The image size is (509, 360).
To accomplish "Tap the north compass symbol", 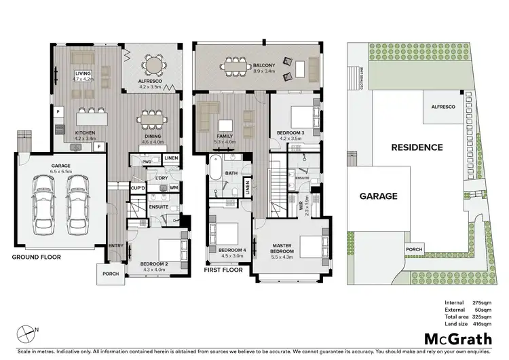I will [x=26, y=332].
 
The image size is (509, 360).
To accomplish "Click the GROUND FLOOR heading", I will [x=36, y=257].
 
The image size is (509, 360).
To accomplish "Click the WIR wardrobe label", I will [x=301, y=202].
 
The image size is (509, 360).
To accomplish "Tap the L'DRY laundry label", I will [x=161, y=178].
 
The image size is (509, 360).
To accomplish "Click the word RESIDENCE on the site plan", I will [x=416, y=147].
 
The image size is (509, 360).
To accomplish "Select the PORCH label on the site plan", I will [x=413, y=249].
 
